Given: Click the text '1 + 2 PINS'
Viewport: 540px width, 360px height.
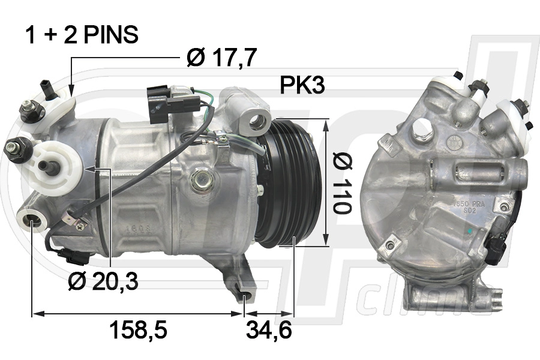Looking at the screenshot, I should click(x=81, y=35).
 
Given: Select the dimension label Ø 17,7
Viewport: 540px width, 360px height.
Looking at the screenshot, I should click(x=221, y=58).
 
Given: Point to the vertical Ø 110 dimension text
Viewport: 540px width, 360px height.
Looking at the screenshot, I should click(x=343, y=182).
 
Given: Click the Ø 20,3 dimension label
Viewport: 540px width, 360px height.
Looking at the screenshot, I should click(x=103, y=280).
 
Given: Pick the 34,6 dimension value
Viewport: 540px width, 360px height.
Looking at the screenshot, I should click(x=269, y=331).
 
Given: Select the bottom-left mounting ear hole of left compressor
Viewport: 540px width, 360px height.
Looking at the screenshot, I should click(x=31, y=222).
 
